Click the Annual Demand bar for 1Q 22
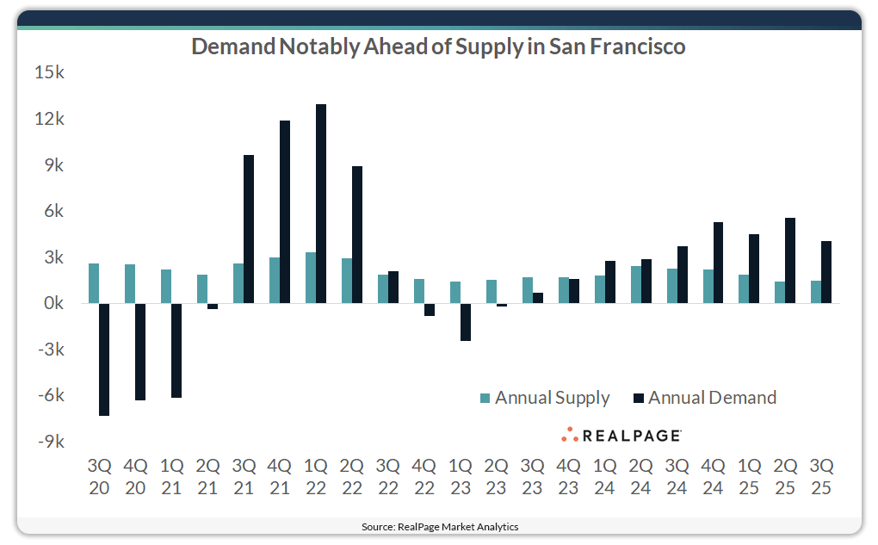321,204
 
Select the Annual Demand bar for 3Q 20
104,359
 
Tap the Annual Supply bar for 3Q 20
94,283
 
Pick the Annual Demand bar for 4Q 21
285,212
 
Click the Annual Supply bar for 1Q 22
311,278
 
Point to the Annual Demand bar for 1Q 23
466,322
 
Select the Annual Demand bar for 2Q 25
791,261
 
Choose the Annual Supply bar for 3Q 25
816,292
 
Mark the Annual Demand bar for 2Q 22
357,235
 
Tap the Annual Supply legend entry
544,398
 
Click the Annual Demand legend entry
704,398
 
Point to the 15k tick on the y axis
49,73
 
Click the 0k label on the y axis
51,304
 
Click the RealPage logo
621,435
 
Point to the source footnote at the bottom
439,526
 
